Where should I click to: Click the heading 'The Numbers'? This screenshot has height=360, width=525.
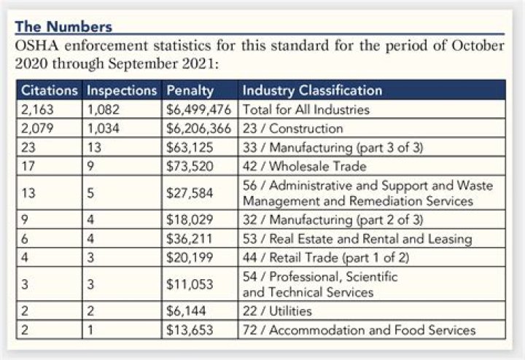pyautogui.click(x=63, y=27)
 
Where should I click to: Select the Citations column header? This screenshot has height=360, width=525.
pyautogui.click(x=48, y=91)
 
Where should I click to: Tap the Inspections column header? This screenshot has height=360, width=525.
pyautogui.click(x=121, y=91)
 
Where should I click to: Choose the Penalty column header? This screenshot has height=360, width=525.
pyautogui.click(x=190, y=91)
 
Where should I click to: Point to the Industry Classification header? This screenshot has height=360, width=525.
pyautogui.click(x=312, y=91)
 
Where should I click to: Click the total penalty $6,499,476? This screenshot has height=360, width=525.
pyautogui.click(x=199, y=109)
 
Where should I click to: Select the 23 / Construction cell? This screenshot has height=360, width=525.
pyautogui.click(x=292, y=128)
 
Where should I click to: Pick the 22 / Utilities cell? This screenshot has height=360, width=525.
pyautogui.click(x=281, y=311)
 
